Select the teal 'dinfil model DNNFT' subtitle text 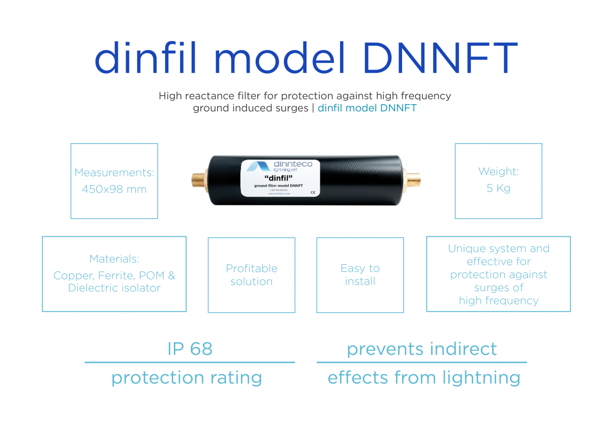tap(367, 108)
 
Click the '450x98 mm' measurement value tap(114, 190)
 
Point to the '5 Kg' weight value tap(498, 188)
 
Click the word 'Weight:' tap(498, 172)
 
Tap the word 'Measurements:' tap(114, 173)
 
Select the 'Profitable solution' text tap(252, 275)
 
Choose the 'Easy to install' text tap(360, 275)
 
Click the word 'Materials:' tap(114, 259)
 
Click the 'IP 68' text tap(190, 349)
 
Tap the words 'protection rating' tap(187, 378)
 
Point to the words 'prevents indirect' tap(421, 349)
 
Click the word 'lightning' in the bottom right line tap(481, 378)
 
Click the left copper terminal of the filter tap(199, 180)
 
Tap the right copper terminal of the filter tap(412, 180)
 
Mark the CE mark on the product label tap(313, 192)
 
